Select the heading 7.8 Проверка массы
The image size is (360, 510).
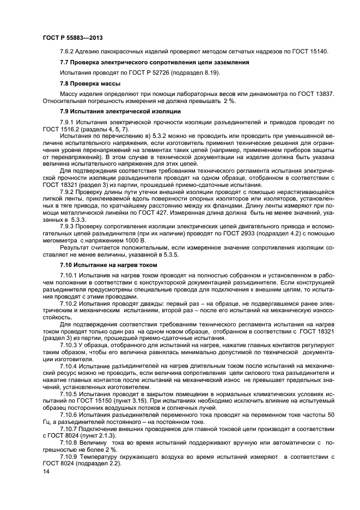click(x=90, y=83)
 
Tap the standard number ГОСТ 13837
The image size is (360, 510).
click(x=315, y=94)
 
